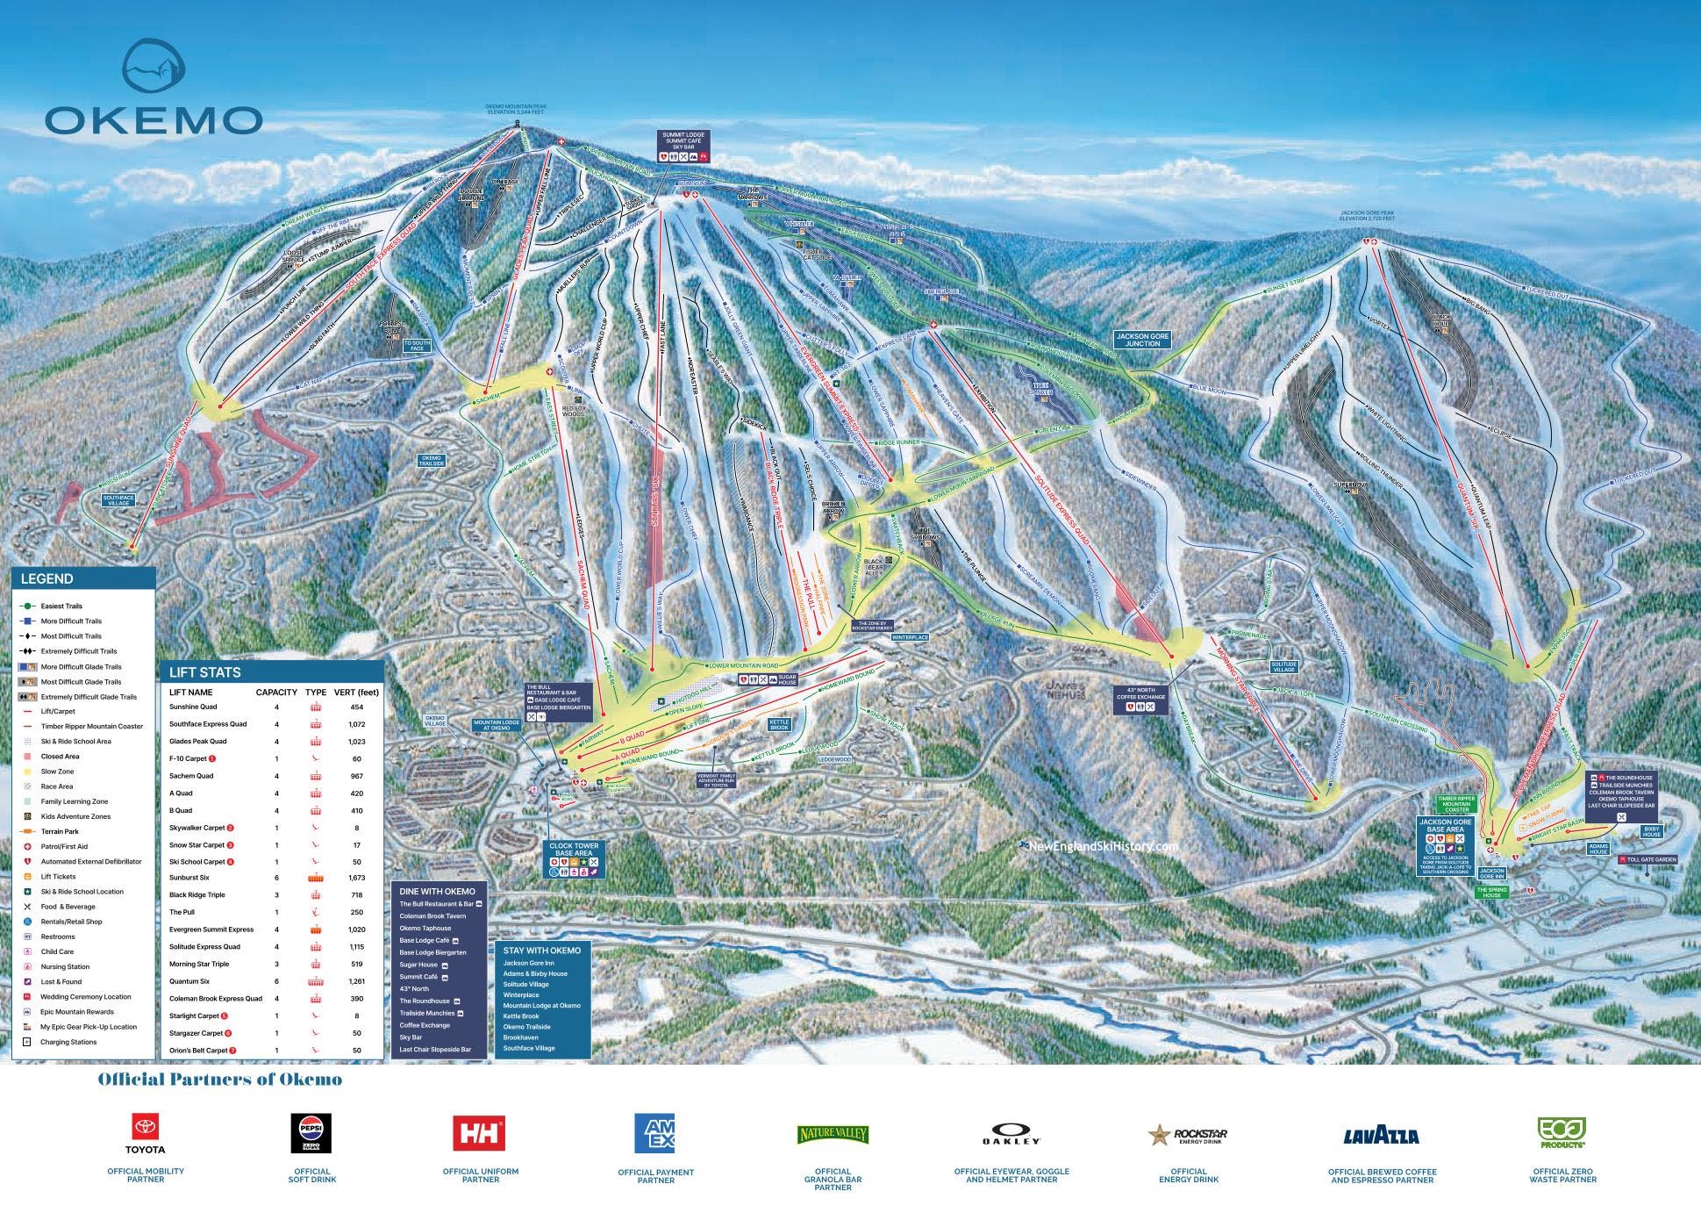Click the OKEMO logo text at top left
(x=154, y=119)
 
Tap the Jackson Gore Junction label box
(x=1142, y=340)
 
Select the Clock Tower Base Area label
(x=573, y=850)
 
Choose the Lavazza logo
(x=1381, y=1136)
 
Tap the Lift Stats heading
(x=204, y=672)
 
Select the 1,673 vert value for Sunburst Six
(x=356, y=878)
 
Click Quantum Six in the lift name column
(x=189, y=981)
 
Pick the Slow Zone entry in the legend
(x=57, y=772)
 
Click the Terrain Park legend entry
(x=59, y=831)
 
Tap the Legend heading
(x=46, y=578)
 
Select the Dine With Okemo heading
(x=437, y=892)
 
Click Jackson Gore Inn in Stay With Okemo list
(x=528, y=963)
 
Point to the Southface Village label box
(x=118, y=500)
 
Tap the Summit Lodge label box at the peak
(x=683, y=141)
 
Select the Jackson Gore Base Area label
(x=1445, y=826)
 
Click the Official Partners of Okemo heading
(x=219, y=1080)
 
